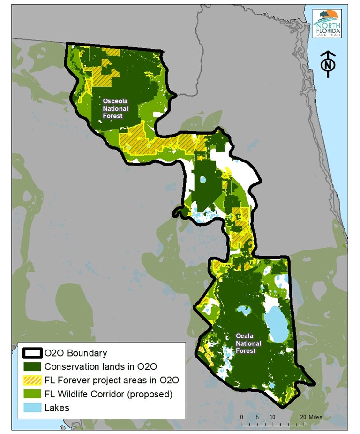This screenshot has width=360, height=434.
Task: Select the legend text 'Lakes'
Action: click(57, 408)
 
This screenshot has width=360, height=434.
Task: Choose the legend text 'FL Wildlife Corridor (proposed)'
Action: click(108, 394)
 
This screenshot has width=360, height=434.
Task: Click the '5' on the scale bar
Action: click(257, 417)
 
